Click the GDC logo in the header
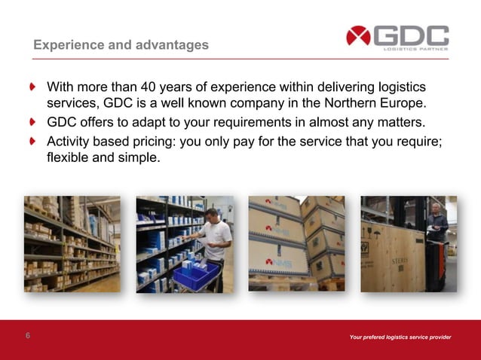(x=397, y=37)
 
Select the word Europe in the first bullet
(x=404, y=103)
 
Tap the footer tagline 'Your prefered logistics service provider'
(x=400, y=337)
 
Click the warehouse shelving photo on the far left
(x=72, y=244)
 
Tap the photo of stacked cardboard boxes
(x=296, y=244)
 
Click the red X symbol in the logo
(x=358, y=35)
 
